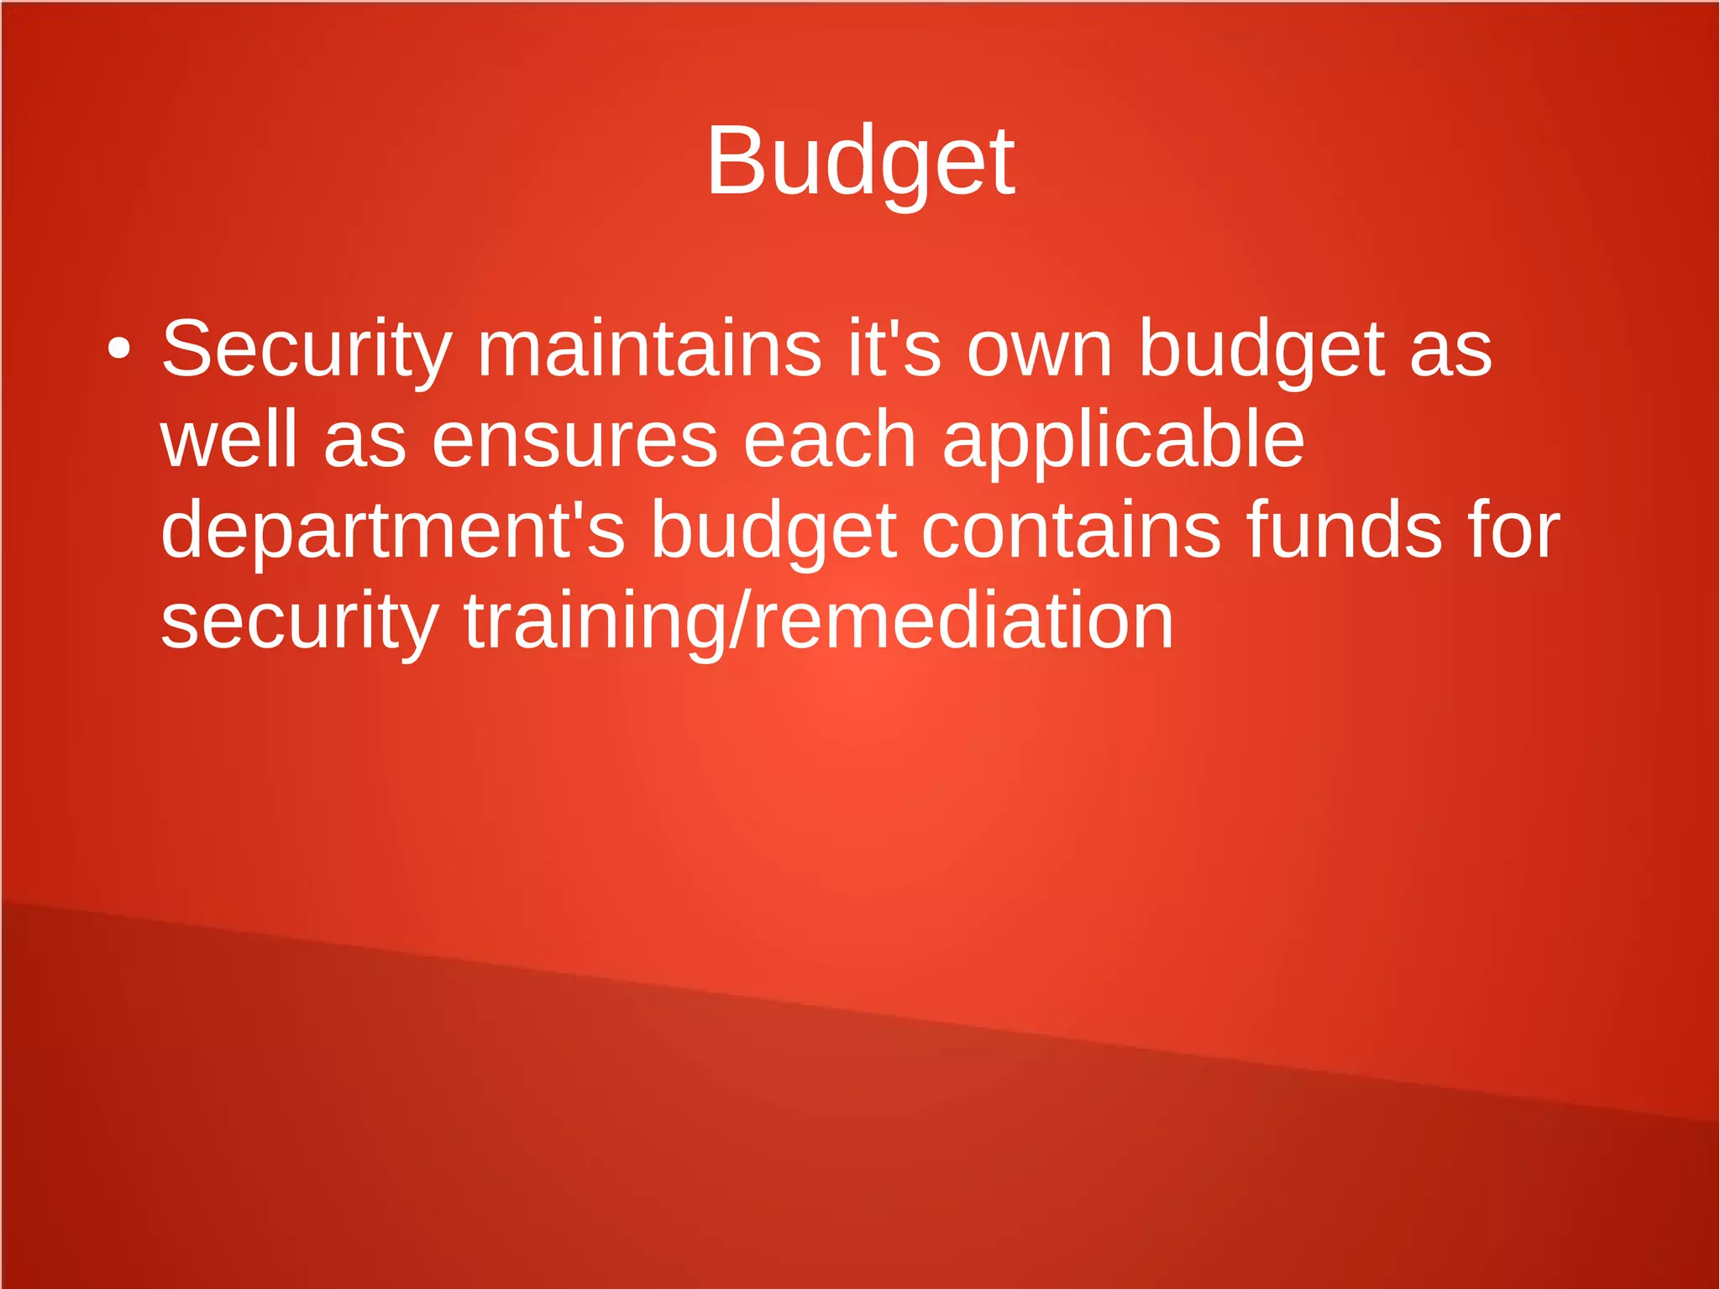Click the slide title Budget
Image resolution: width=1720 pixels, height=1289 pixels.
coord(860,161)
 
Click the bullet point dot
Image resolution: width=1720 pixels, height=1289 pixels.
coord(119,349)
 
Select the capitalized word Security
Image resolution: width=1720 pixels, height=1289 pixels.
coord(307,349)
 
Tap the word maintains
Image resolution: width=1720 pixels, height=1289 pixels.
coord(649,349)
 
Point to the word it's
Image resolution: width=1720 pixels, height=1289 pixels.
coord(894,349)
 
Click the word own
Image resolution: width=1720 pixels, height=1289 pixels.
coord(1040,349)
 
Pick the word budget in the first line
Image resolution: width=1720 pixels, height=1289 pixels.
coord(1261,349)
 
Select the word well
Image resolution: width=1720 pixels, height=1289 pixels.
coord(229,440)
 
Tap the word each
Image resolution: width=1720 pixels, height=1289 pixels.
coord(830,440)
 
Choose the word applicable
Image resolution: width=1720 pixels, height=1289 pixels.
coord(1123,440)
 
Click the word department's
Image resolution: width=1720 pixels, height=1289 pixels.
coord(393,531)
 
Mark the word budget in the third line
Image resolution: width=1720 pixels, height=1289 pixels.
coord(773,531)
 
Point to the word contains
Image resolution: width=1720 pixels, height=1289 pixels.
coord(1071,531)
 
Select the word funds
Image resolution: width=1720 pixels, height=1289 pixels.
coord(1344,531)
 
